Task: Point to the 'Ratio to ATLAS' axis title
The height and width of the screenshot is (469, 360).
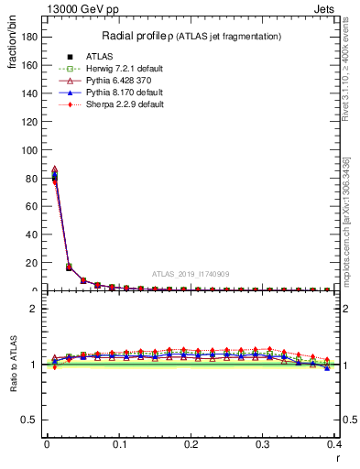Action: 14,364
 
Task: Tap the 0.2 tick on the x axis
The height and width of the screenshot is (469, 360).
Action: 191,444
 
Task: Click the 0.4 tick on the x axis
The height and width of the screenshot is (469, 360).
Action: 333,444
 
